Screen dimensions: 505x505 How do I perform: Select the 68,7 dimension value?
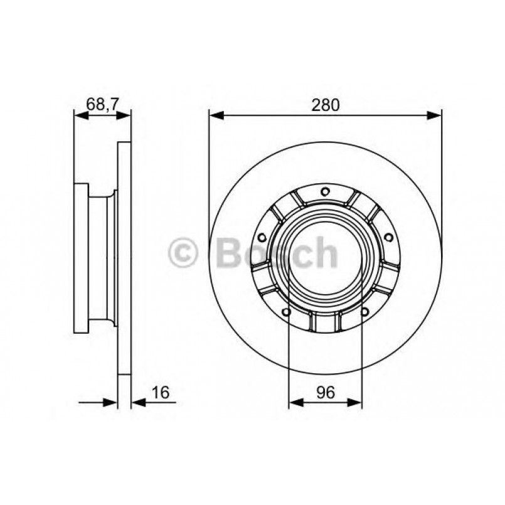pyautogui.click(x=102, y=105)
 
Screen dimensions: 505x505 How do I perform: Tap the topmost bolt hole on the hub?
pyautogui.click(x=325, y=192)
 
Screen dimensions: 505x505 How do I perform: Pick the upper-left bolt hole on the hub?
pyautogui.click(x=261, y=237)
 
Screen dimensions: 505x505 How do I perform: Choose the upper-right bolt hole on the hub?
pyautogui.click(x=389, y=237)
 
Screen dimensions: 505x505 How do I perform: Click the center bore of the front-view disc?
pyautogui.click(x=325, y=257)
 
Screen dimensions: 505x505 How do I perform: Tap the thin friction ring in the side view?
pyautogui.click(x=124, y=257)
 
